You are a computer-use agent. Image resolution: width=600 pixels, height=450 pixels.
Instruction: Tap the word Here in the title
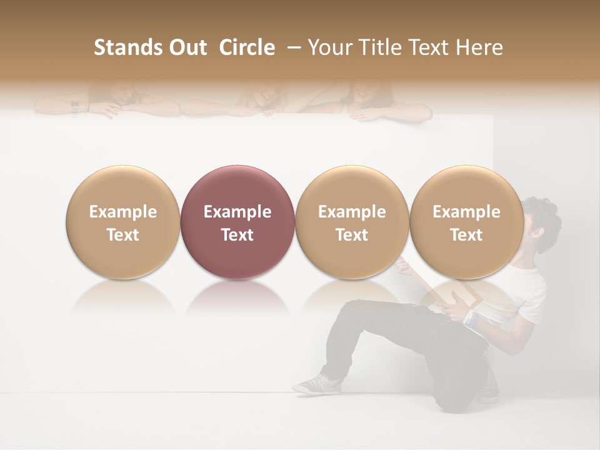pyautogui.click(x=479, y=47)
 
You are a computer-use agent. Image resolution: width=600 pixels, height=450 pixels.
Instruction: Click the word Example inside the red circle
pyautogui.click(x=237, y=212)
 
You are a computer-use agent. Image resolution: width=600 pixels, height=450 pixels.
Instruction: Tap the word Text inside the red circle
pyautogui.click(x=237, y=235)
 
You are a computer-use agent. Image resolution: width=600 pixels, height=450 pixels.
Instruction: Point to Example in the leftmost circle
pyautogui.click(x=122, y=212)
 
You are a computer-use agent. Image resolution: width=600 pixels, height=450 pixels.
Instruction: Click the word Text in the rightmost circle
pyautogui.click(x=466, y=235)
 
